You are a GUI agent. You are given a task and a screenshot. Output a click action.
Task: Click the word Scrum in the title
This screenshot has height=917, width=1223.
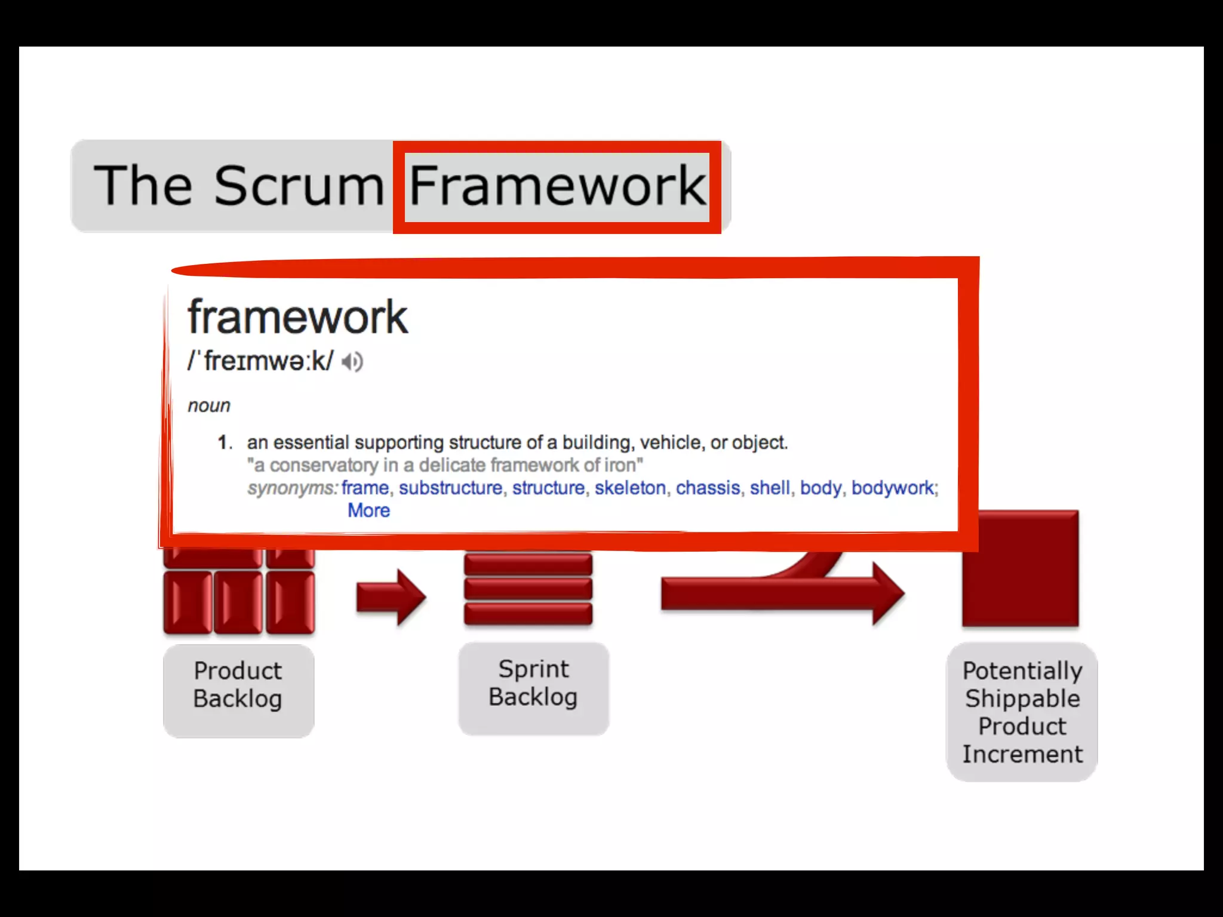299,186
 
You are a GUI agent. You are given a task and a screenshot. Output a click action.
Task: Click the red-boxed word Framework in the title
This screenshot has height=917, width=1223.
557,186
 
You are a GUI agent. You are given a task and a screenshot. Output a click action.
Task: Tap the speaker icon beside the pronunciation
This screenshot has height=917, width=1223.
352,362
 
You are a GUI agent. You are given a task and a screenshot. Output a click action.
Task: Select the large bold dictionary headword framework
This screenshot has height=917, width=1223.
297,317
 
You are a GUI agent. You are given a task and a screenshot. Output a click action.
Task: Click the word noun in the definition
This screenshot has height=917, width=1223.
208,406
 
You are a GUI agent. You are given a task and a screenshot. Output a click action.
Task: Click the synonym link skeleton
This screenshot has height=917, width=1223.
630,488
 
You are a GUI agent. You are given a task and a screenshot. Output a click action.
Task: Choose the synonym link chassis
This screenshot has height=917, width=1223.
708,488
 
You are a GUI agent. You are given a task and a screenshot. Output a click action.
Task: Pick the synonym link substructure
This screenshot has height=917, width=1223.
450,488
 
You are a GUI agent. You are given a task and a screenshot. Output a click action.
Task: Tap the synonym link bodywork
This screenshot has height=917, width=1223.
892,488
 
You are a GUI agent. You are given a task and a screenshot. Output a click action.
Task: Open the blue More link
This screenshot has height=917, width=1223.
368,510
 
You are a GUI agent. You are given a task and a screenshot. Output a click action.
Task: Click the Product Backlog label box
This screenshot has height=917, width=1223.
238,690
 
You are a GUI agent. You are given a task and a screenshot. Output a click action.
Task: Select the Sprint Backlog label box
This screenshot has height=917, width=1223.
533,688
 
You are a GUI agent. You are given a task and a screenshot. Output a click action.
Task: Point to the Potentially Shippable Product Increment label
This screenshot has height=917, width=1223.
1022,712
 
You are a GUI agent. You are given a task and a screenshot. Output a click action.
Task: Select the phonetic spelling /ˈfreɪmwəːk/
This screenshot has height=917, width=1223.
260,361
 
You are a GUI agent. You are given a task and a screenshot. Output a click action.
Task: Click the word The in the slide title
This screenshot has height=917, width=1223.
143,186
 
